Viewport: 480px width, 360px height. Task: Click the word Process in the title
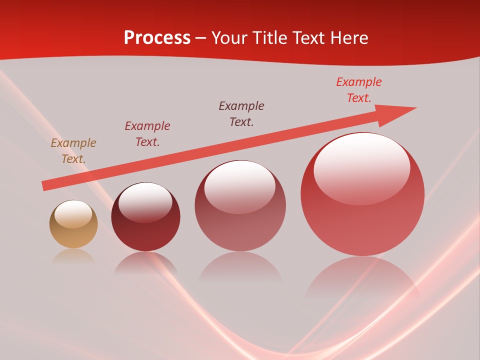[157, 38]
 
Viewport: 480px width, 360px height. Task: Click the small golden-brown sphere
[73, 224]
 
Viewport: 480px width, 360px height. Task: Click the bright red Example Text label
[359, 90]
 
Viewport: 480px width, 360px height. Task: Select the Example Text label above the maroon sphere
[147, 134]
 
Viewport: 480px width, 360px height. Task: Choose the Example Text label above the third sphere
[241, 114]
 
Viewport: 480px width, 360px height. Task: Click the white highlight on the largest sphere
[361, 169]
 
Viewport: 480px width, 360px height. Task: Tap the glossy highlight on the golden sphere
[73, 214]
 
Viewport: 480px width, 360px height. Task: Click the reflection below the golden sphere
[73, 256]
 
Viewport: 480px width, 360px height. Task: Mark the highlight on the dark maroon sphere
[145, 202]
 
